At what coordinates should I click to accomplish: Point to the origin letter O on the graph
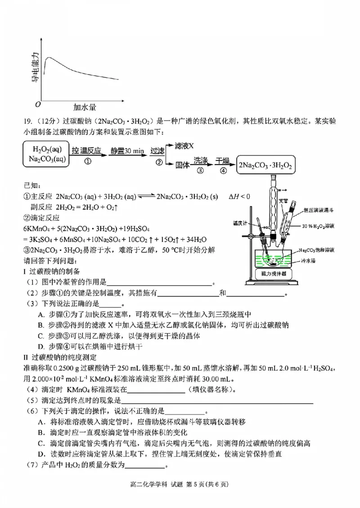pyautogui.click(x=38, y=104)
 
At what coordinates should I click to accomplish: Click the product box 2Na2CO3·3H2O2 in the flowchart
pyautogui.click(x=266, y=165)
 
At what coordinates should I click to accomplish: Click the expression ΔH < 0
pyautogui.click(x=239, y=196)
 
